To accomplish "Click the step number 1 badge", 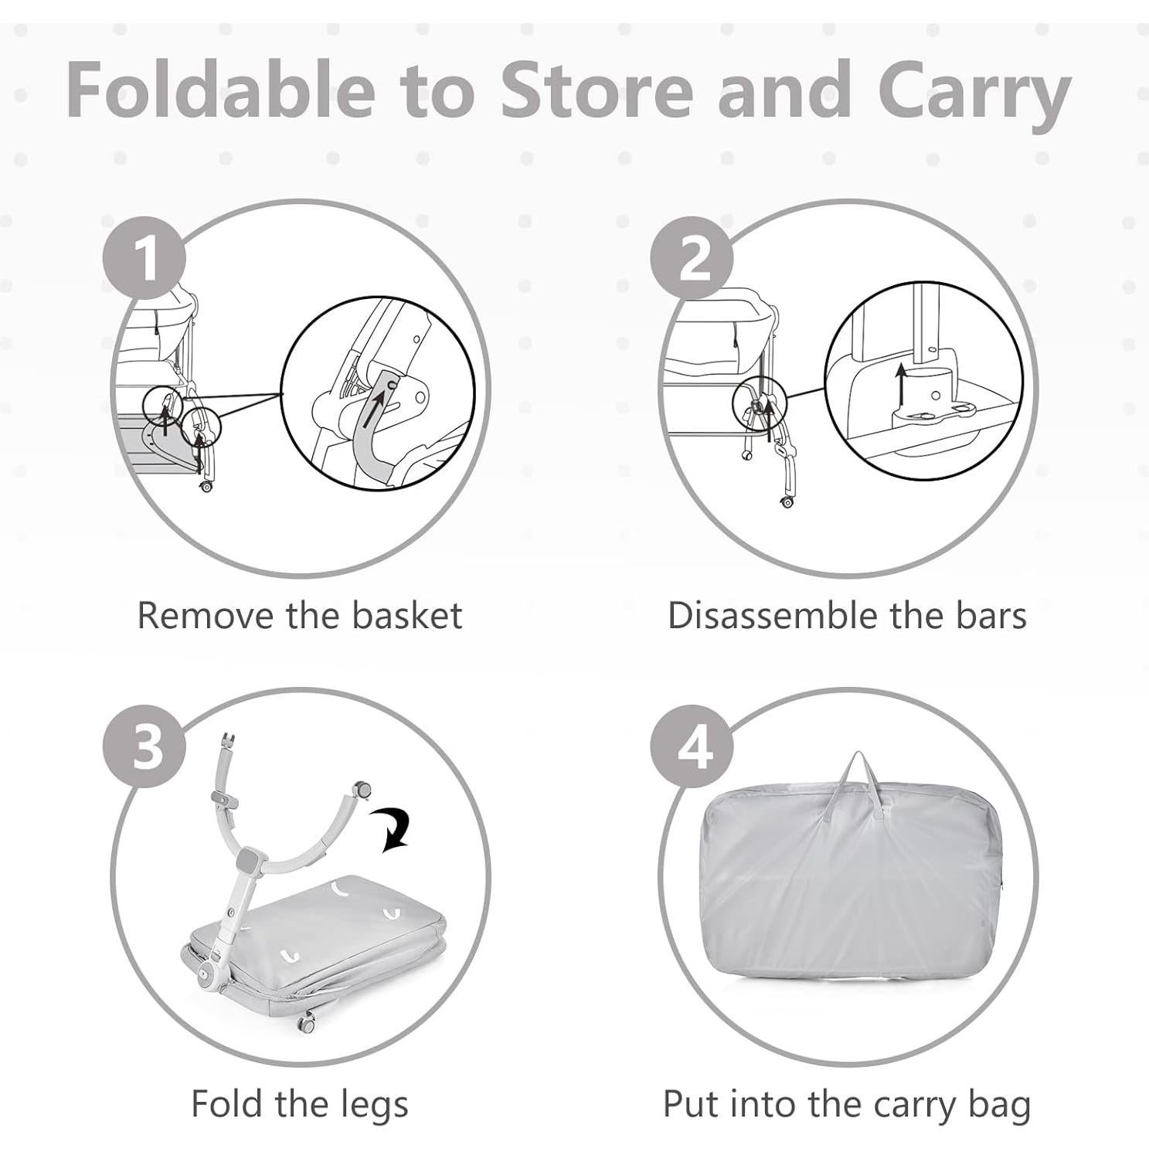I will tap(145, 257).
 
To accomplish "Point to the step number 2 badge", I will tap(692, 257).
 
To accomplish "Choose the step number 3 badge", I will tap(145, 746).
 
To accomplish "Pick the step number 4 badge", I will tap(692, 746).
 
